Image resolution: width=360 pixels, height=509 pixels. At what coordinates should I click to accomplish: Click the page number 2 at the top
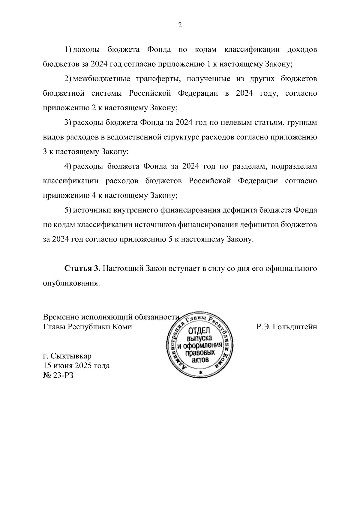click(x=180, y=25)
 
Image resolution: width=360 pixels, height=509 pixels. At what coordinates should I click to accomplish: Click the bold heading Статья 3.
click(x=82, y=268)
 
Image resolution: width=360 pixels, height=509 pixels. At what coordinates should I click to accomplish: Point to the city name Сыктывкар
click(x=71, y=356)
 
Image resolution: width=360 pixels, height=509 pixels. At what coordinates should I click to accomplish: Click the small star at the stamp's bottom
click(x=201, y=373)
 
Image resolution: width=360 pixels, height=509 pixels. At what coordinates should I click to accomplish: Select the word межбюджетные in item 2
click(x=102, y=79)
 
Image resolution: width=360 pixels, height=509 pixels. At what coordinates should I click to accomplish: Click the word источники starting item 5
click(x=92, y=210)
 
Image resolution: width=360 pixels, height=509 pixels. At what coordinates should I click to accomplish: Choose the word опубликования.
click(x=71, y=283)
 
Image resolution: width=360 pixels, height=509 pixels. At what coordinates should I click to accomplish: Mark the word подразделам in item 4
click(x=294, y=166)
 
